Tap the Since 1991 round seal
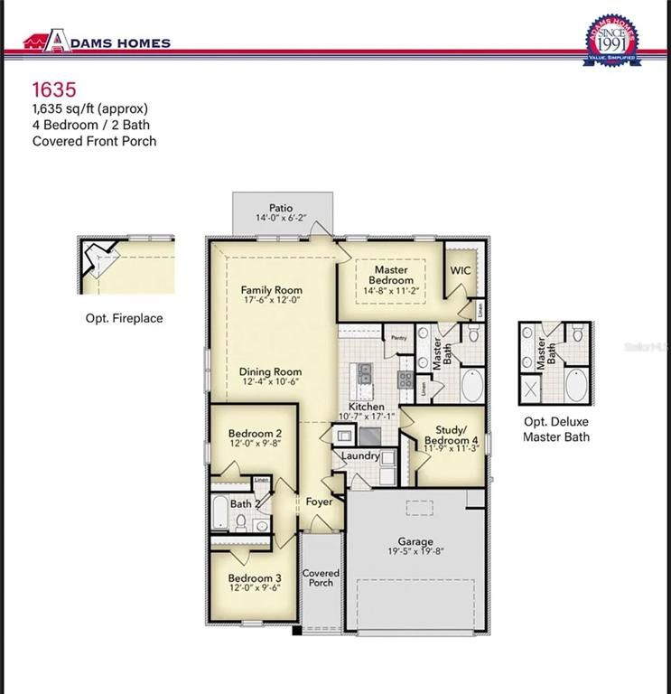coord(613,41)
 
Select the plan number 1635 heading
coord(54,89)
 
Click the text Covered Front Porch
coord(94,141)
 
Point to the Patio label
coord(281,208)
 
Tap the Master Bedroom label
coord(391,275)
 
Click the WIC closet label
coord(461,269)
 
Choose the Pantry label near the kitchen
coord(398,338)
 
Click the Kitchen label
coord(367,408)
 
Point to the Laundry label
coord(360,456)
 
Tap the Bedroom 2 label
coord(255,434)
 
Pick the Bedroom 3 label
coord(255,578)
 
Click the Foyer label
coord(319,502)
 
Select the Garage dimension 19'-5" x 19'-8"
coord(415,553)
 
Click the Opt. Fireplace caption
coord(125,318)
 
